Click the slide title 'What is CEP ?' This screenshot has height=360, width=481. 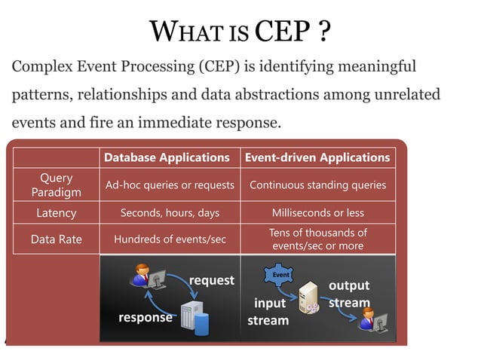[x=240, y=32]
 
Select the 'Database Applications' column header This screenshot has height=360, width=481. [x=167, y=157]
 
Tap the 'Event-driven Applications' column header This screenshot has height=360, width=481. [x=317, y=157]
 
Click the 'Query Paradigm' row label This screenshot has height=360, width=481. [x=57, y=185]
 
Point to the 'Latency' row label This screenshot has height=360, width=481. [x=57, y=213]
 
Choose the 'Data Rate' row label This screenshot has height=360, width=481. [x=57, y=239]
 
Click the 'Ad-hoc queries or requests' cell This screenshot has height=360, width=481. [x=170, y=185]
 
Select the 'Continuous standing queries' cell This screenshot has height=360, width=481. [x=317, y=185]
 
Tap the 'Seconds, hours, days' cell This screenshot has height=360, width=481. [x=170, y=213]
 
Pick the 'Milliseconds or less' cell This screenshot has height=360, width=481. [x=317, y=213]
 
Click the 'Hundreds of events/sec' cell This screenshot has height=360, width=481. [x=170, y=239]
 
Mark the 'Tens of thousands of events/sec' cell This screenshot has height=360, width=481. [x=317, y=239]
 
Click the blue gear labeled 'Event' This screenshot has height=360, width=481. [x=280, y=276]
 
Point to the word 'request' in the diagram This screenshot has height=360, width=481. [x=212, y=280]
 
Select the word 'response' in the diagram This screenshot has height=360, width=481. [x=146, y=317]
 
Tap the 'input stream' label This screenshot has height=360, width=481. [x=268, y=312]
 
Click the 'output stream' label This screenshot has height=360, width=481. [x=349, y=294]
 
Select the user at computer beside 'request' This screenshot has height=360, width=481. [x=145, y=278]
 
